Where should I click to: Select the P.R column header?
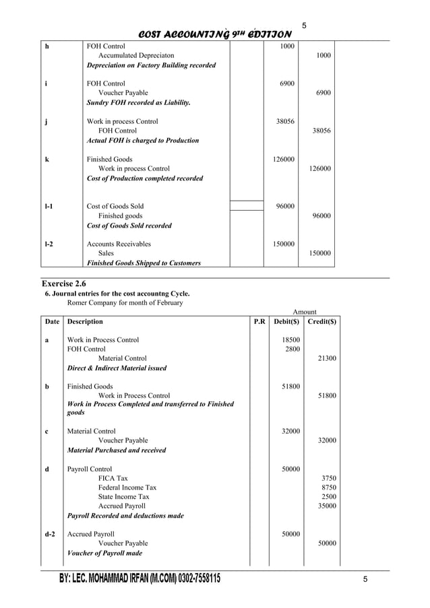[259, 322]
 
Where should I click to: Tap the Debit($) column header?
[287, 322]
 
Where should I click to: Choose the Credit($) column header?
[321, 322]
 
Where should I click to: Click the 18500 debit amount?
[290, 341]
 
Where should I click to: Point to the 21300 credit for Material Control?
[327, 359]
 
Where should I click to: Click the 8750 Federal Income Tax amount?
[329, 487]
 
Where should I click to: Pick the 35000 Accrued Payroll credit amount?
[327, 506]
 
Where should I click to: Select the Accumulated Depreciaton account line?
[135, 56]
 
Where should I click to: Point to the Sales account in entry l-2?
[106, 253]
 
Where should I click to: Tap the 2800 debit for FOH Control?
[292, 349]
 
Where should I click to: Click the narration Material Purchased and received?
[117, 450]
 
